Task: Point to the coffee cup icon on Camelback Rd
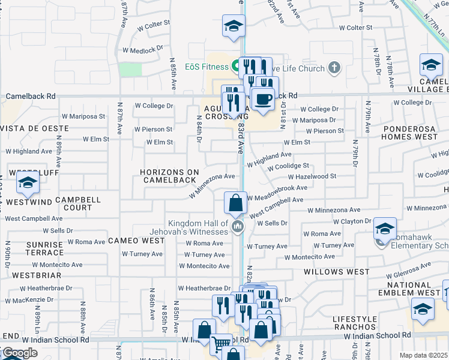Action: tap(262, 98)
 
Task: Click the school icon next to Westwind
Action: tap(27, 185)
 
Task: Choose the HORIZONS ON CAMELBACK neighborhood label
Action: tap(169, 176)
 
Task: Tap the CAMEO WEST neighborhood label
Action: tap(136, 241)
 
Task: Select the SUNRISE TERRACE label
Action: tap(37, 249)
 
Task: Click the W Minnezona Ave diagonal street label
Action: tap(212, 185)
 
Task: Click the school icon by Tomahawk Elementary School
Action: tap(384, 229)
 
